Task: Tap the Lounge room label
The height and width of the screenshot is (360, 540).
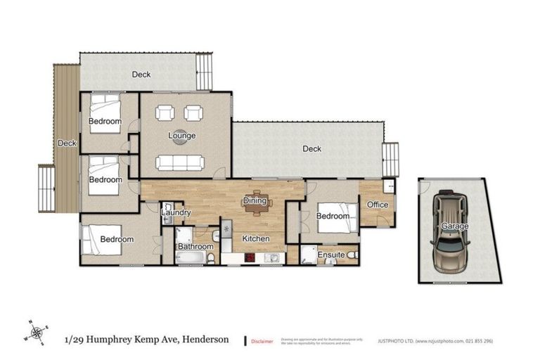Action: click(x=181, y=136)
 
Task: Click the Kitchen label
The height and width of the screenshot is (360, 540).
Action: click(x=256, y=239)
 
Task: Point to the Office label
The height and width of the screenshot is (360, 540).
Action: click(x=378, y=205)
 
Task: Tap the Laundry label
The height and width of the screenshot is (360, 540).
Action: click(x=176, y=212)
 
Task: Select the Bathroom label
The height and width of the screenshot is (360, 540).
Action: click(x=195, y=247)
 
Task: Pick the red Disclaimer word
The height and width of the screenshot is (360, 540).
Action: click(x=263, y=341)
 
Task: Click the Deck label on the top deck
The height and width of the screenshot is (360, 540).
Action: click(x=141, y=75)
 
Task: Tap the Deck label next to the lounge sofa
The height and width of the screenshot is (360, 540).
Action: click(x=311, y=148)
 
